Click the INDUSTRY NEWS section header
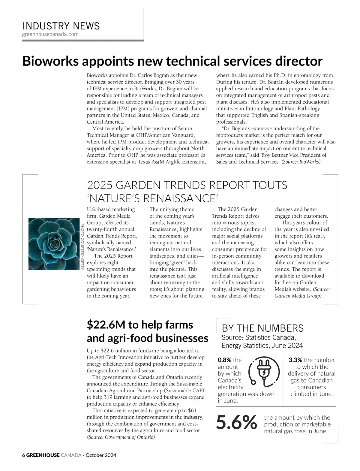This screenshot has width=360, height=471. (61, 26)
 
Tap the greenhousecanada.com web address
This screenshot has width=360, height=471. (50, 34)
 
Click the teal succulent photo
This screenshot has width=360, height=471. (54, 244)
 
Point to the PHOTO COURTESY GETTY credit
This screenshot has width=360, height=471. (82, 246)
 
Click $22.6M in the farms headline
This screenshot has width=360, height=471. (106, 325)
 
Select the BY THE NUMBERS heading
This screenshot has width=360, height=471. (262, 328)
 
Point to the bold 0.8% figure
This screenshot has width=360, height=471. (224, 360)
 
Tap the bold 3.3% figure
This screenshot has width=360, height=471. (295, 360)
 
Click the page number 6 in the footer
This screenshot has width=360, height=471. (24, 455)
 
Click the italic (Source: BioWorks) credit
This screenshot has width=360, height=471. (301, 162)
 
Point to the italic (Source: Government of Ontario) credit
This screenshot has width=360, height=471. (121, 437)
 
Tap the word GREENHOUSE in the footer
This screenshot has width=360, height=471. (43, 455)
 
